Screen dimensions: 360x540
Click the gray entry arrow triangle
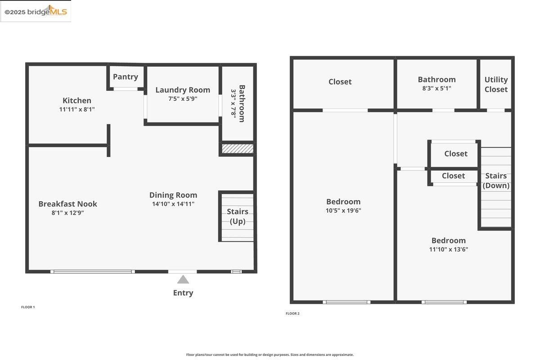coord(183,280)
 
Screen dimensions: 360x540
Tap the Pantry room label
coord(125,76)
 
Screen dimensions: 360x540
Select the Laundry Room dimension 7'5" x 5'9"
coord(183,99)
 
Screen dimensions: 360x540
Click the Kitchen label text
coord(77,100)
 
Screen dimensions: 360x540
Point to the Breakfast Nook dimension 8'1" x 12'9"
coord(68,213)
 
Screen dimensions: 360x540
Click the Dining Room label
coord(173,195)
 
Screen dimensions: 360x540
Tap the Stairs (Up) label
coord(238,216)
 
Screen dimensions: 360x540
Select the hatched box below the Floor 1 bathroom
coord(238,148)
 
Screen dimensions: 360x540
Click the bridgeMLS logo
coord(36,11)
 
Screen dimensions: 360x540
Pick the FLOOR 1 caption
coord(28,307)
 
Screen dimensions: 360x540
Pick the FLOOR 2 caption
coord(292,313)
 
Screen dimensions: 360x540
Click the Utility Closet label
coord(496,84)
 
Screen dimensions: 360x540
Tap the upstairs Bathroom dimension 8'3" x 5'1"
coord(436,89)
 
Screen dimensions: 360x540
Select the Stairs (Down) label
coord(496,180)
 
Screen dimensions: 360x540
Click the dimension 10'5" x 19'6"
coord(343,210)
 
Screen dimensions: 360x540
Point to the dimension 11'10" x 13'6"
coord(448,249)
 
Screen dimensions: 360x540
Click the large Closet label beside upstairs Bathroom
coord(340,81)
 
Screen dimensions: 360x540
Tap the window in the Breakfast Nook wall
coord(93,271)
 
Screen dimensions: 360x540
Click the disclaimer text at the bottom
coord(270,355)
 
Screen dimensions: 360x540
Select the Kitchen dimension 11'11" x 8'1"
coord(77,109)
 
